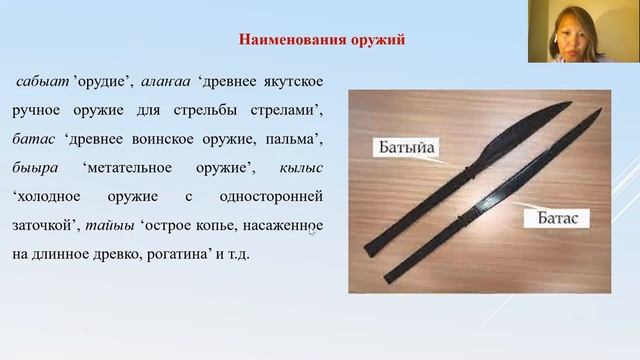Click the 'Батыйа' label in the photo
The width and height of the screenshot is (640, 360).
(407, 150)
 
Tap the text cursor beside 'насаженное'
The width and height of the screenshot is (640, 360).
(312, 232)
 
